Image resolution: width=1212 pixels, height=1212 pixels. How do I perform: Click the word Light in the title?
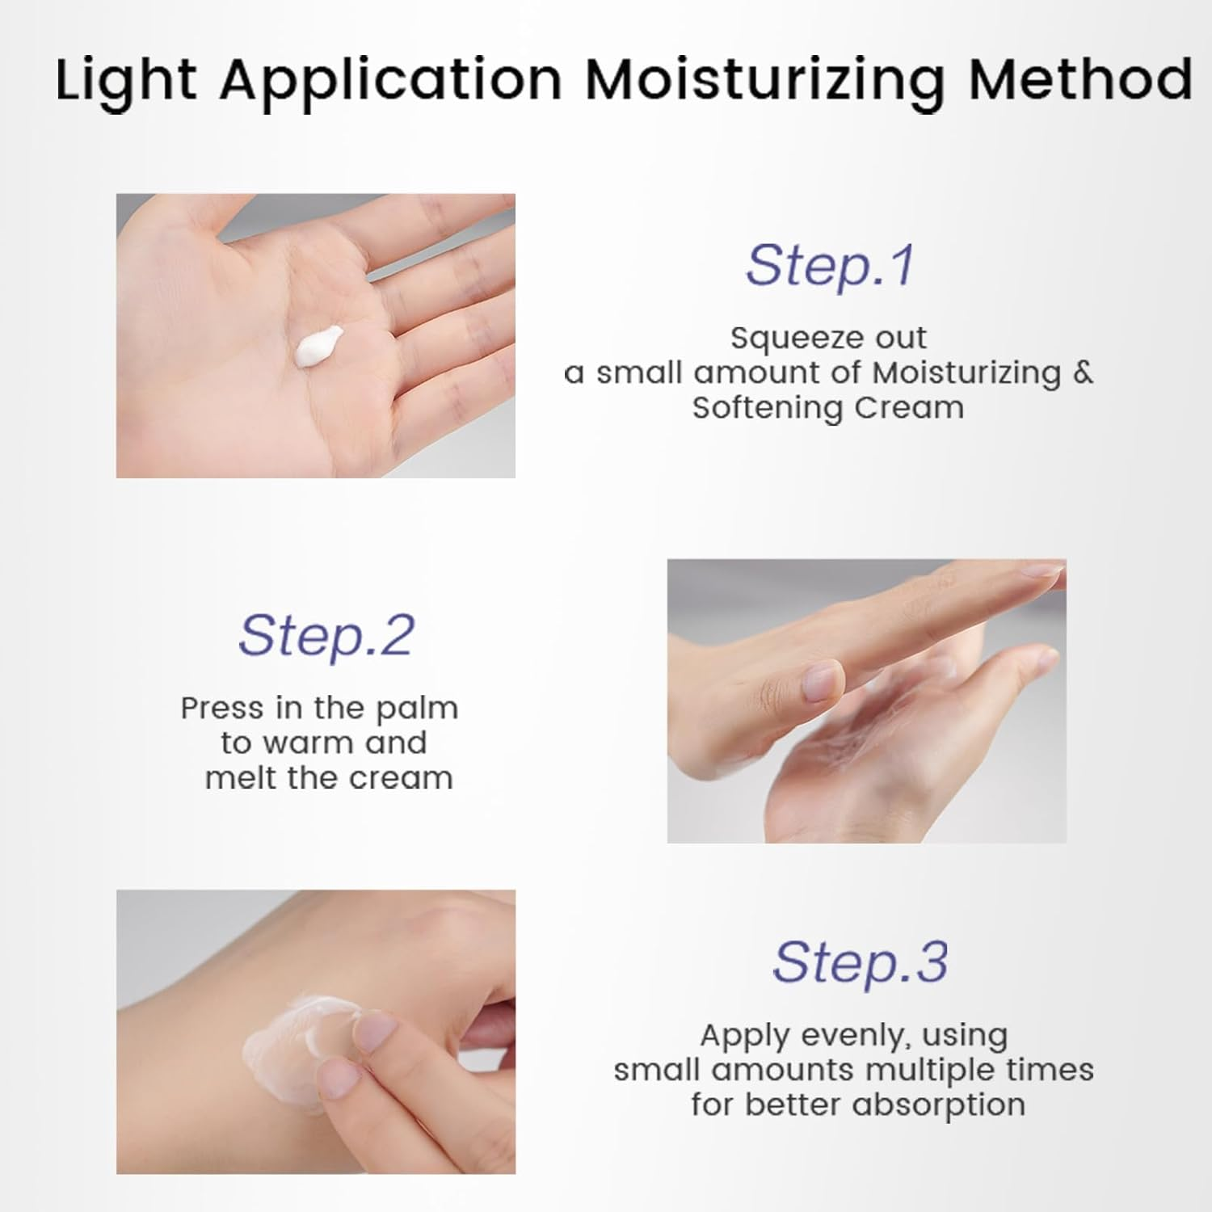point(126,81)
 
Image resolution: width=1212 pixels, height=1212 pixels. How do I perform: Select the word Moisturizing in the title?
point(764,81)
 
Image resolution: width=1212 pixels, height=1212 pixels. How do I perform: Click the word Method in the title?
point(1081,79)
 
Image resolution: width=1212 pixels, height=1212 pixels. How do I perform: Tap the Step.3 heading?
point(860,962)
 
